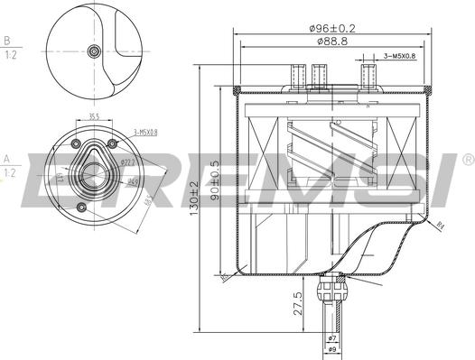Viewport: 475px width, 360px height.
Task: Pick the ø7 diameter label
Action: [332, 337]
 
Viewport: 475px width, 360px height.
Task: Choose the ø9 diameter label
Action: [332, 349]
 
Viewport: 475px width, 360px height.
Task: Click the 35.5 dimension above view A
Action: [94, 115]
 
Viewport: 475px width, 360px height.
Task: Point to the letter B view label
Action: [7, 42]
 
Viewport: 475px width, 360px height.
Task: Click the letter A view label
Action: [7, 157]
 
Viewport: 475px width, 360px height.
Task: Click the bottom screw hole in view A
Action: [82, 208]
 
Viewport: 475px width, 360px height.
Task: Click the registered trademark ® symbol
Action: [466, 160]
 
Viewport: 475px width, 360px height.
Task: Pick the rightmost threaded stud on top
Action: [368, 74]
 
